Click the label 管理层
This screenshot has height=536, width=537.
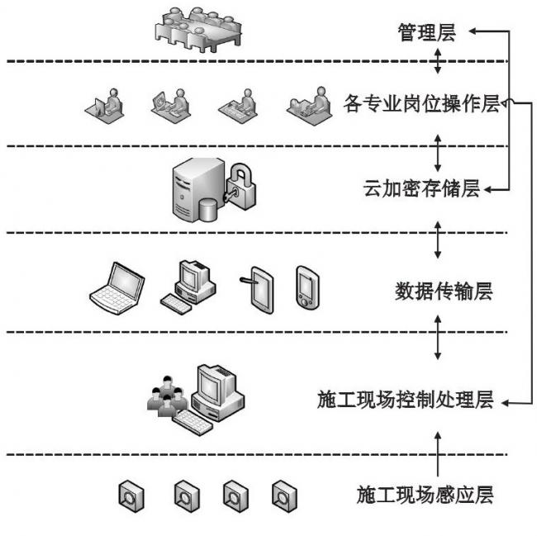[425, 34]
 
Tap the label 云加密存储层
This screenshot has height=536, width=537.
[421, 189]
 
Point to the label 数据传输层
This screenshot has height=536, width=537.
[444, 292]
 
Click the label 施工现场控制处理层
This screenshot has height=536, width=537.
[405, 401]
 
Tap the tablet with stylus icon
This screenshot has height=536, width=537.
[259, 289]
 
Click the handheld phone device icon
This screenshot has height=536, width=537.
[305, 287]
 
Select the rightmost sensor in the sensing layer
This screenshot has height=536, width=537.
[284, 495]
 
